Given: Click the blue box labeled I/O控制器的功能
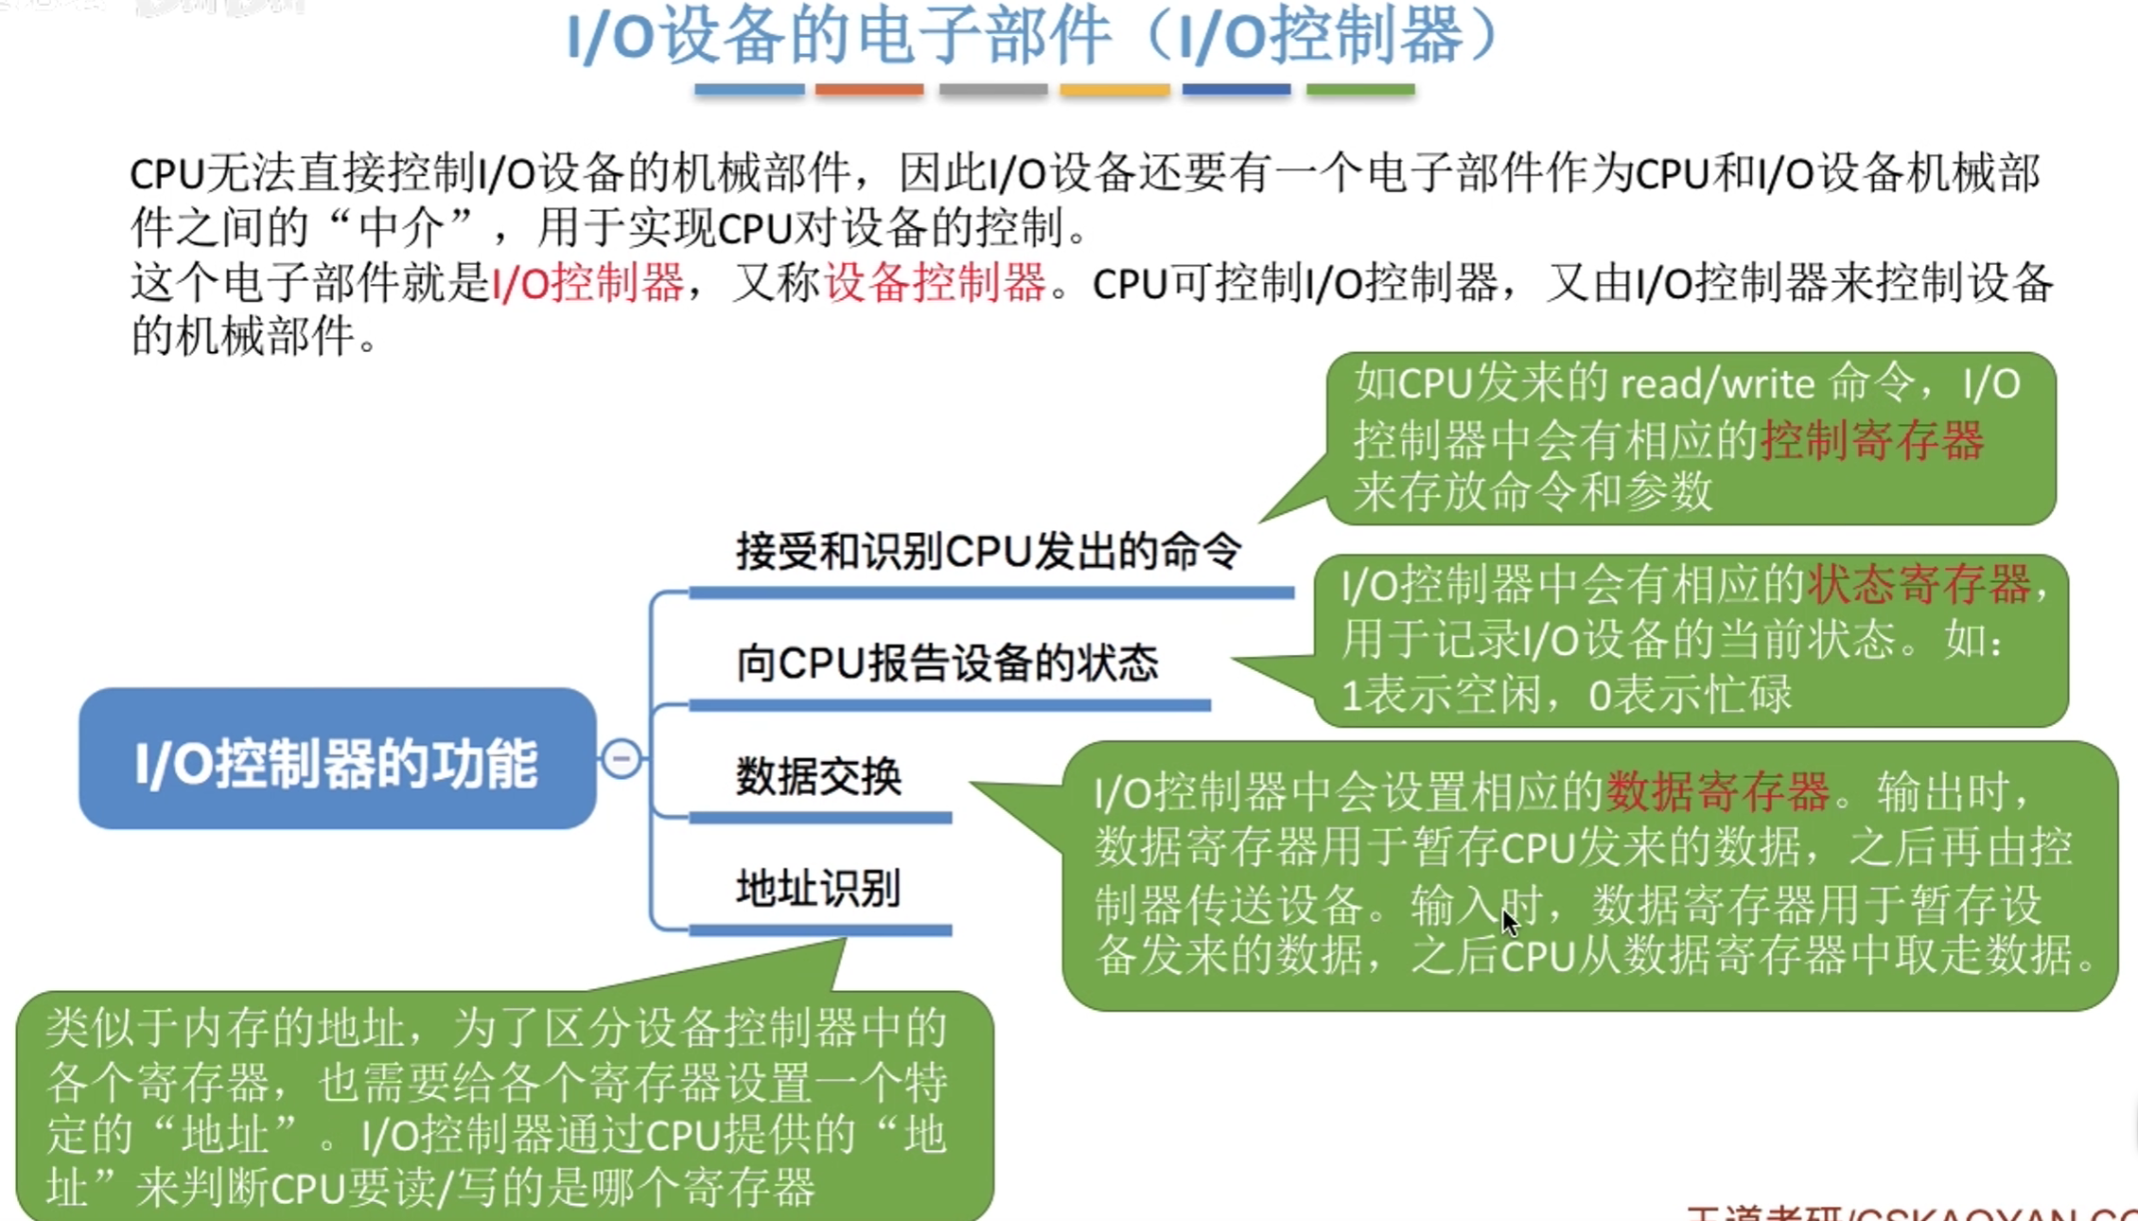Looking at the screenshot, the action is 337,759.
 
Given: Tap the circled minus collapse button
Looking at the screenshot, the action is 622,758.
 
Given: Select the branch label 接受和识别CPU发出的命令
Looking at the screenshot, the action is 989,551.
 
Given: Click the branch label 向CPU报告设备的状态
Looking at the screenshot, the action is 947,663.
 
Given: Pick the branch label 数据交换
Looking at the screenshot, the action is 819,776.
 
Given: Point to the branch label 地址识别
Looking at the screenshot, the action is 818,888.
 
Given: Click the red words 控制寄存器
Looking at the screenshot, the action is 1872,440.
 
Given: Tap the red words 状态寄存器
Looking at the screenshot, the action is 1919,584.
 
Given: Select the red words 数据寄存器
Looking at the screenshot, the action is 1718,791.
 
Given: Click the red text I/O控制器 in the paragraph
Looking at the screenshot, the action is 587,282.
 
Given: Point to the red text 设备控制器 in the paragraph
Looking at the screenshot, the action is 935,282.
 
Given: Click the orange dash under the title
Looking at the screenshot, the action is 869,89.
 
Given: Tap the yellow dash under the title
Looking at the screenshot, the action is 1114,89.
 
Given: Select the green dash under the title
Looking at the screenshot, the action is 1360,89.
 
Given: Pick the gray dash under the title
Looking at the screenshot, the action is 993,89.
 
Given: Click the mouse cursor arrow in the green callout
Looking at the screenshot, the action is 1509,920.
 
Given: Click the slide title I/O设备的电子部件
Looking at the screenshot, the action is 838,38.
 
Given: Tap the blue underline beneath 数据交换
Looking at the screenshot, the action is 820,817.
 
